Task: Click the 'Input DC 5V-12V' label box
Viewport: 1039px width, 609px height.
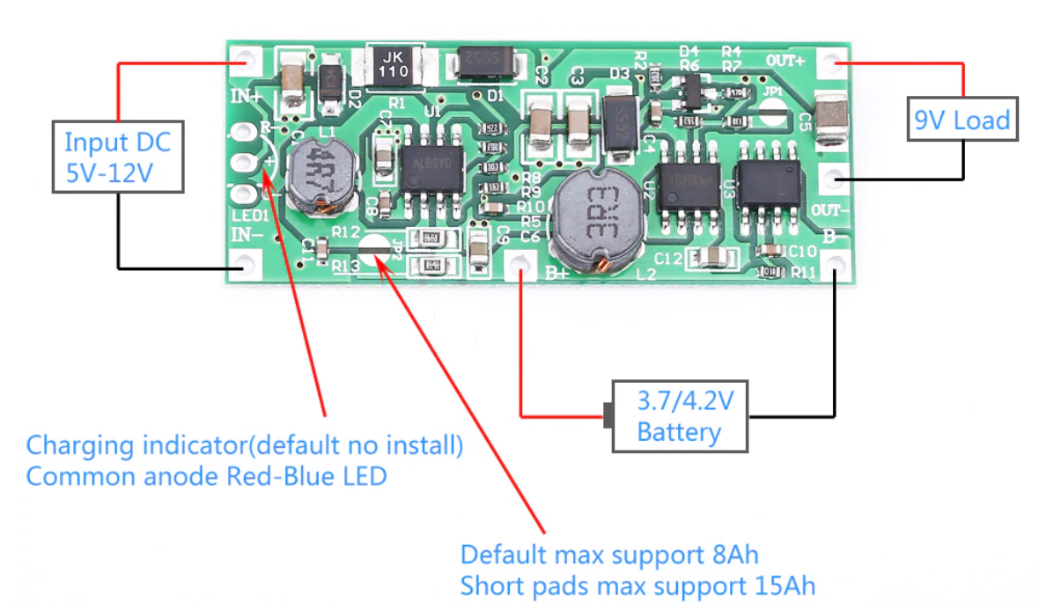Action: (117, 158)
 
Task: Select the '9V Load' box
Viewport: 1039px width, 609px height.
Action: (962, 119)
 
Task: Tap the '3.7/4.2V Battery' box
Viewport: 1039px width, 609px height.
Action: (680, 416)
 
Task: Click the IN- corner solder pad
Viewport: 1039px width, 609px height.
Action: (246, 263)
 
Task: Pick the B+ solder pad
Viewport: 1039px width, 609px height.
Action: (522, 264)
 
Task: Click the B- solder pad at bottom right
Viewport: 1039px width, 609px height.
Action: (833, 263)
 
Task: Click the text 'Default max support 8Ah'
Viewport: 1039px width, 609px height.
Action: (609, 555)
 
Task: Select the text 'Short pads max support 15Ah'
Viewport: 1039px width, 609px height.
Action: (637, 585)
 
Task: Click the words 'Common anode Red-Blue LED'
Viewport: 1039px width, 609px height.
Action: (206, 476)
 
